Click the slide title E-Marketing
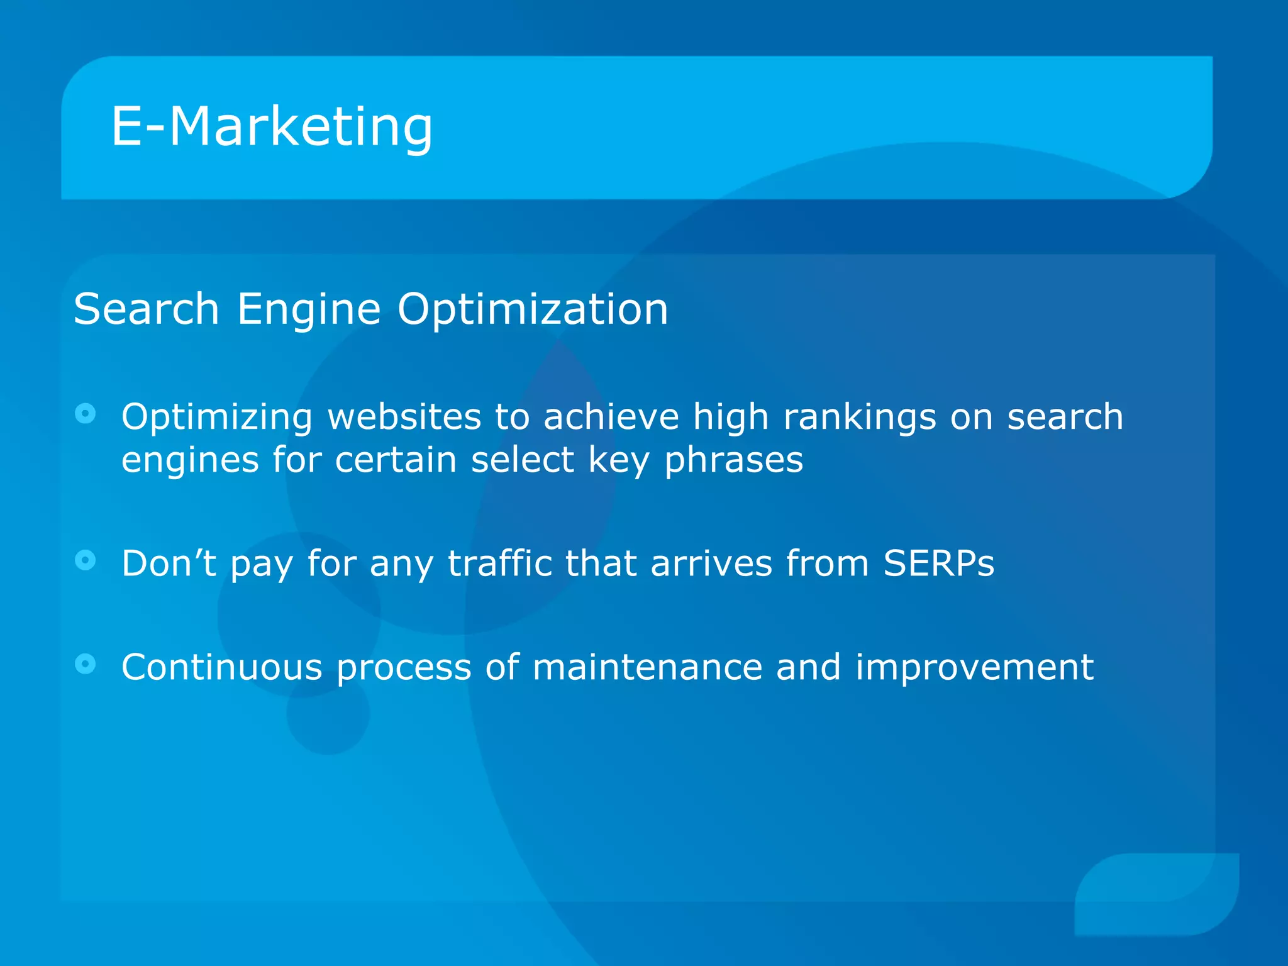(x=272, y=127)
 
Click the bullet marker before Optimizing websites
(x=85, y=414)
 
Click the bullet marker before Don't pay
(x=85, y=560)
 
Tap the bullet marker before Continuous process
(x=85, y=663)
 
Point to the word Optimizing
(x=216, y=418)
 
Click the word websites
(x=403, y=417)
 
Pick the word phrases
(x=734, y=460)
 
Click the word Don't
(x=169, y=563)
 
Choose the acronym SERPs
(x=938, y=563)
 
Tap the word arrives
(x=711, y=563)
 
